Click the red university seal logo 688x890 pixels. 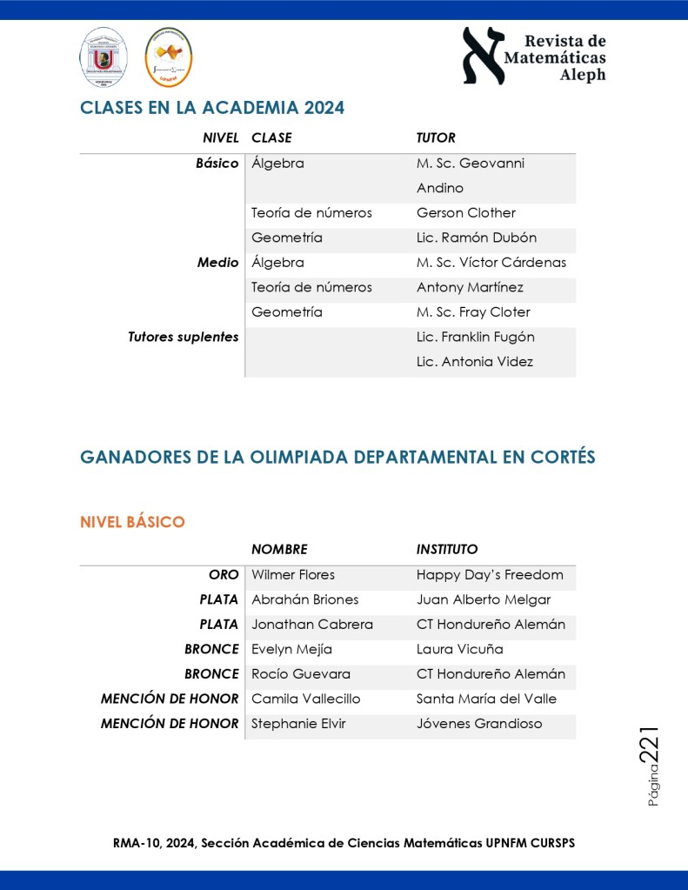tap(104, 57)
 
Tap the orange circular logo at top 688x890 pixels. tap(168, 57)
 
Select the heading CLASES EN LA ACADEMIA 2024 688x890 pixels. tap(212, 108)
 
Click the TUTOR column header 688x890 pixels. tap(436, 137)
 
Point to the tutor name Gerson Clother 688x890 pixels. tap(466, 213)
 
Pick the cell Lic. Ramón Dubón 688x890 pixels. tap(477, 238)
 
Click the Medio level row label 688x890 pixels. tap(217, 263)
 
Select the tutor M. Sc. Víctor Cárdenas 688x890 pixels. tap(491, 263)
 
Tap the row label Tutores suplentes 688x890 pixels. tap(183, 337)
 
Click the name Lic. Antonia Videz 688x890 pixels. tap(475, 362)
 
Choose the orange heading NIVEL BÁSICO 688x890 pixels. tap(132, 522)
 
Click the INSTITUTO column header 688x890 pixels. tap(447, 549)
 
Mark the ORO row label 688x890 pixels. tap(224, 575)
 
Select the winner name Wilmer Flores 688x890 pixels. tap(293, 575)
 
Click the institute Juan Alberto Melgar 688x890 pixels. tap(484, 599)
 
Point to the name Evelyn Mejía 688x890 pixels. tap(291, 649)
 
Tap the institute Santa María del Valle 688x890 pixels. tap(486, 699)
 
